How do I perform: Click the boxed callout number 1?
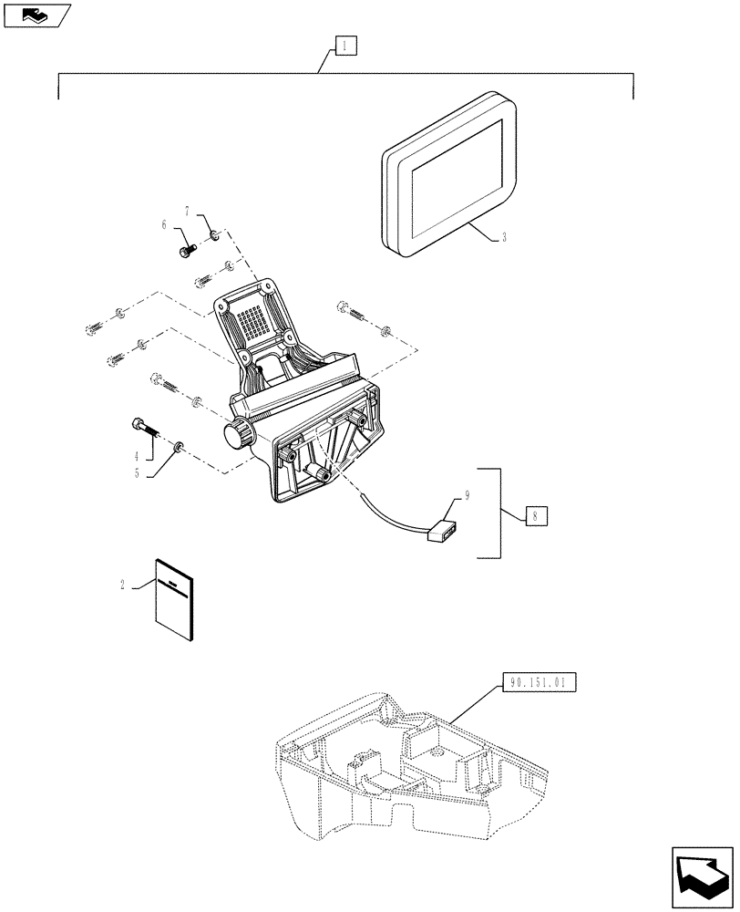point(347,46)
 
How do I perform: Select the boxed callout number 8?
point(536,515)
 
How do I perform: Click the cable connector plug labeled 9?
point(441,531)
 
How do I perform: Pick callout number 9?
point(467,496)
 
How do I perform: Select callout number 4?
point(137,455)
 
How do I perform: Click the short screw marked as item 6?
point(185,244)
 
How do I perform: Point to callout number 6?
point(165,223)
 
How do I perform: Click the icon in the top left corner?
point(36,15)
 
